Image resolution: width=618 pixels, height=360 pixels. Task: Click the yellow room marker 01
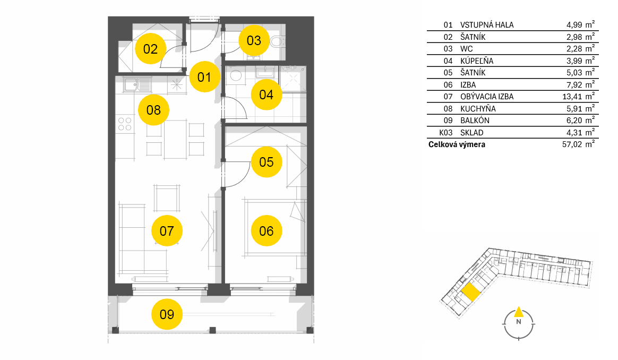pos(204,77)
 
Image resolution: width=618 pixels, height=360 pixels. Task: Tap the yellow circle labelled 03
pos(254,40)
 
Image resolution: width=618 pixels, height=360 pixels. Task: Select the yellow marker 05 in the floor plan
pos(267,161)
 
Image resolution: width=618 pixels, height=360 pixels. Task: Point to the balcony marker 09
pos(167,314)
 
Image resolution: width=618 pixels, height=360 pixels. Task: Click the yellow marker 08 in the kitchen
pos(154,109)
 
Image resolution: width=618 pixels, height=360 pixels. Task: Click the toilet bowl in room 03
pos(277,41)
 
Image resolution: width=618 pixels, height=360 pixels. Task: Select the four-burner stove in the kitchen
pos(125,124)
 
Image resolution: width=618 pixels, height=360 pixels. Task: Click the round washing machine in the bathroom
pos(236,75)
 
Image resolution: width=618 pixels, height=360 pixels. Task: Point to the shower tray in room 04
pos(293,79)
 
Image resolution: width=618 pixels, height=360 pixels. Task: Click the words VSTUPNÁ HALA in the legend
pos(487,25)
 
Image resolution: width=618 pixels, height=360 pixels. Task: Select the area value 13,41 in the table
pos(572,97)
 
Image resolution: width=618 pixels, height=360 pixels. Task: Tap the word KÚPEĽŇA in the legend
pos(477,61)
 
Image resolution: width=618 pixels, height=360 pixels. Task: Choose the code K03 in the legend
pos(446,133)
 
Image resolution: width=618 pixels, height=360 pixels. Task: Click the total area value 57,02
pos(572,144)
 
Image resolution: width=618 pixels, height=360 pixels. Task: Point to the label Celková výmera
pos(457,144)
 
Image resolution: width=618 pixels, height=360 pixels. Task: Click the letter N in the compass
pos(519,322)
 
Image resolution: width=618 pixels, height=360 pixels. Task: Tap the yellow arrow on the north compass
pos(519,312)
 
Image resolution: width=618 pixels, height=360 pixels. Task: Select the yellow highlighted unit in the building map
pos(470,293)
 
